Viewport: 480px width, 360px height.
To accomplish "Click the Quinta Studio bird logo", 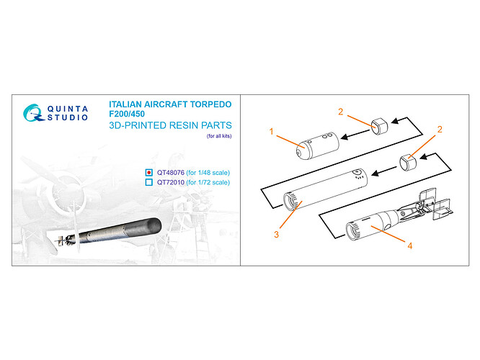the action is coord(32,113).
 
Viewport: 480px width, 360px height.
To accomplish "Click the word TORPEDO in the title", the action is coord(210,104).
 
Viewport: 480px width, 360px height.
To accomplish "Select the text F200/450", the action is coord(127,114).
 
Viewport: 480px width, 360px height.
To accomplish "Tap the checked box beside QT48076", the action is coord(148,173).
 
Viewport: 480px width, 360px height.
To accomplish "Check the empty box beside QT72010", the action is coord(148,182).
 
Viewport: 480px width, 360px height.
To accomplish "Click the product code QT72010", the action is coord(171,183).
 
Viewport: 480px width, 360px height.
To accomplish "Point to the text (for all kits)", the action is coord(219,136).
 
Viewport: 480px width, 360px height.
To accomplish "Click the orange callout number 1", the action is coord(271,132).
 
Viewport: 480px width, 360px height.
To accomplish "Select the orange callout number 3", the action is coord(277,234).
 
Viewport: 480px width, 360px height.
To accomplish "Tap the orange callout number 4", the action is coord(410,246).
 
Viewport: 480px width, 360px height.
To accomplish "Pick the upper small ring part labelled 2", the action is coord(379,126).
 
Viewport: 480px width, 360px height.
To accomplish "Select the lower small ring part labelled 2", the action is coord(409,162).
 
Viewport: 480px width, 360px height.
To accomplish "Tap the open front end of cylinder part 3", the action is coord(289,202).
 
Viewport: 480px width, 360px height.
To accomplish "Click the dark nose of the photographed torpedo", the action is coord(153,226).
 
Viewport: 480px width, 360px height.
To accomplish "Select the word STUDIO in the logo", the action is coord(67,117).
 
